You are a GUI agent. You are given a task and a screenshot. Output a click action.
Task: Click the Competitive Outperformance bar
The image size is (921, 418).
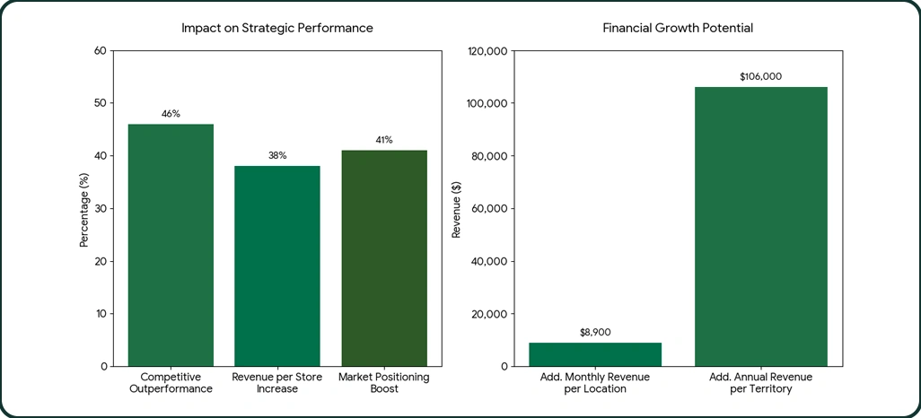coord(171,245)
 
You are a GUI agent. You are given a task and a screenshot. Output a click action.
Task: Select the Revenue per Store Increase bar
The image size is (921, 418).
coord(277,266)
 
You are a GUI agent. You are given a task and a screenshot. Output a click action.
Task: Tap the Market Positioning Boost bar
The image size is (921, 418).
coord(384,258)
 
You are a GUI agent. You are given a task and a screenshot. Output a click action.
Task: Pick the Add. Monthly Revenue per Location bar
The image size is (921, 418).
coord(595,354)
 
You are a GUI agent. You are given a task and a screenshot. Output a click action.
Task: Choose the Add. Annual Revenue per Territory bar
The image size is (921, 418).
coord(761,226)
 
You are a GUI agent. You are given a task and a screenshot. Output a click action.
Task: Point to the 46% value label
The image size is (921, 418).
coord(171,114)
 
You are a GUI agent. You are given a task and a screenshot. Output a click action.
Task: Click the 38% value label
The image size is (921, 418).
coord(277,155)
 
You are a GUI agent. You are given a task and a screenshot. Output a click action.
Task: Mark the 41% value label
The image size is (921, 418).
coord(384,140)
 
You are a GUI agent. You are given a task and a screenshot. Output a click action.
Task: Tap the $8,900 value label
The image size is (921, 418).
coord(595,332)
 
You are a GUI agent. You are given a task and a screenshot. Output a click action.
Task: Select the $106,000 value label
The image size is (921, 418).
coord(761,76)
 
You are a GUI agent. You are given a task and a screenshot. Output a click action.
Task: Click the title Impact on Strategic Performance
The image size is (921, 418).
coord(277,28)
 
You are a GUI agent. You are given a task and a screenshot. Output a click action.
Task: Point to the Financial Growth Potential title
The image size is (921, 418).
coord(678,28)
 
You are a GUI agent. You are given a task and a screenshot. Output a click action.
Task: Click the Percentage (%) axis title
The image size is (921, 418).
coord(84,208)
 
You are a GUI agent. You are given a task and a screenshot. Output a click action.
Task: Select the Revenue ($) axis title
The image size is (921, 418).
coord(456,208)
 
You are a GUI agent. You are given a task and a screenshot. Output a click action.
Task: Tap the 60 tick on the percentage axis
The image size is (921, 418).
coord(100,50)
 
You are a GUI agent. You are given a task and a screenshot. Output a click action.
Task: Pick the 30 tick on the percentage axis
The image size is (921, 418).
coord(100,208)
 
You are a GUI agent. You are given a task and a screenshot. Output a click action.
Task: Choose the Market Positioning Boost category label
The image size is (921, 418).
coord(384,383)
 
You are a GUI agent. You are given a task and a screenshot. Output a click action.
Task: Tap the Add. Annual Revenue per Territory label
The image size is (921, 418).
coord(761,383)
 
